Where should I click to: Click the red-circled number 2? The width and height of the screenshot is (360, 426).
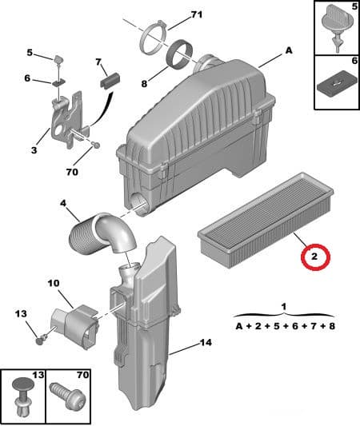(314, 257)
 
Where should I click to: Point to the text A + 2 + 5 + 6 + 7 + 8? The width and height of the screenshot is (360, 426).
(286, 325)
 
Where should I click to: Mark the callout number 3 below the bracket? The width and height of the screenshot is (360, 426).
(33, 149)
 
